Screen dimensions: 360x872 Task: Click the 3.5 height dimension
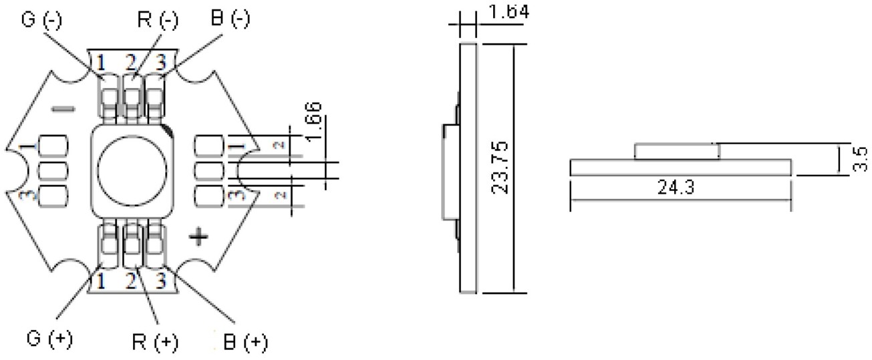(x=861, y=160)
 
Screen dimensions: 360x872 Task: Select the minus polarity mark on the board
(x=63, y=109)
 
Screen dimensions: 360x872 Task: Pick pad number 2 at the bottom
(x=131, y=280)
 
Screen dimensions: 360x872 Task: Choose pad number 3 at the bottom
(x=160, y=280)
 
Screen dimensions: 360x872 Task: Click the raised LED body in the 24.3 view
(x=676, y=151)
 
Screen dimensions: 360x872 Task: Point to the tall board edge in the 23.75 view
(x=468, y=168)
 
